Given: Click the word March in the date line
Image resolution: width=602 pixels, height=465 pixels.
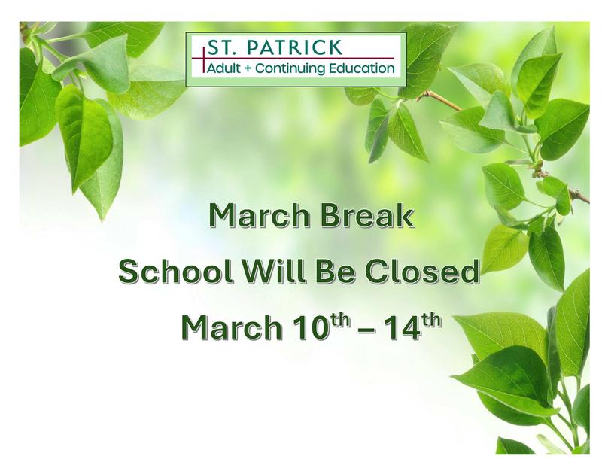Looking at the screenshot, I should tap(227, 330).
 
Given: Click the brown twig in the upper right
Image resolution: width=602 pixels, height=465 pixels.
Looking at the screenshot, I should tap(444, 100).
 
